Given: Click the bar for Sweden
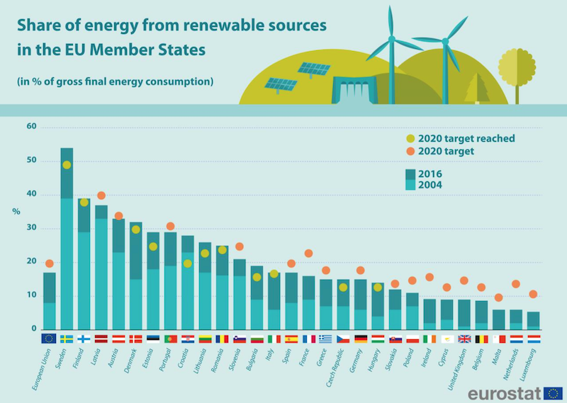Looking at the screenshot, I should pyautogui.click(x=67, y=241).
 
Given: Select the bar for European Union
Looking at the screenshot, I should pyautogui.click(x=49, y=302).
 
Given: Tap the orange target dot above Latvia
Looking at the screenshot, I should pyautogui.click(x=101, y=195).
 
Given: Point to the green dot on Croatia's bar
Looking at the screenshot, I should pyautogui.click(x=188, y=263).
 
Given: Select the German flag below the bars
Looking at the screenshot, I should pyautogui.click(x=361, y=339).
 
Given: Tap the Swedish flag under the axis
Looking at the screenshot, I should pyautogui.click(x=67, y=339).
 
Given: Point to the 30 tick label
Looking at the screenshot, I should pyautogui.click(x=30, y=229).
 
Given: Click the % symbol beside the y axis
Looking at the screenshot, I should pyautogui.click(x=16, y=211).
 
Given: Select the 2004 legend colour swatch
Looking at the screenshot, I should pyautogui.click(x=410, y=185).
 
